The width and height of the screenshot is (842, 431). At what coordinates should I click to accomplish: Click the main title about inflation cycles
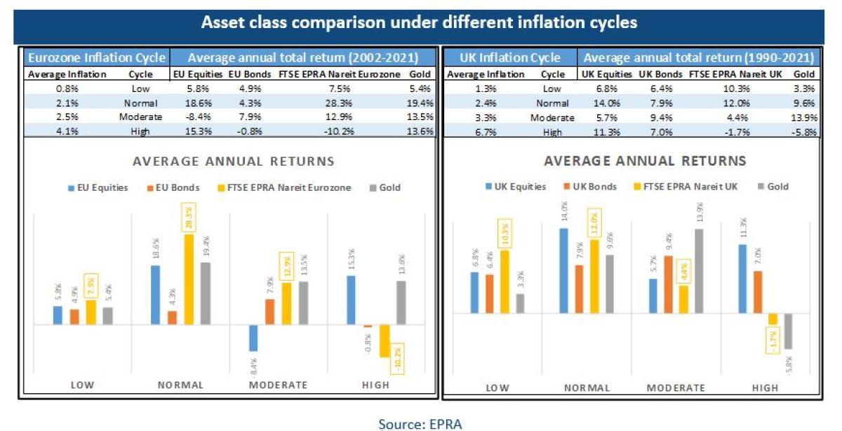(420, 22)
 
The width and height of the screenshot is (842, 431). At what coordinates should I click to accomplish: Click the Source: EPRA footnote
(420, 423)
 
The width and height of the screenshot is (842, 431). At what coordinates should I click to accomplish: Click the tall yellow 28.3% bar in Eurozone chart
(189, 279)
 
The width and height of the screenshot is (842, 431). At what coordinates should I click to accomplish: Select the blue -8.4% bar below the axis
(253, 338)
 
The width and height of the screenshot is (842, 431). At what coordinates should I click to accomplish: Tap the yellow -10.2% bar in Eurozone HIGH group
(385, 341)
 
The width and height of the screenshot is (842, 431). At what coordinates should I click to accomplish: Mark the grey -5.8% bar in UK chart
(788, 331)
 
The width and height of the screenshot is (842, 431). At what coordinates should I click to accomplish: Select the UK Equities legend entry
(517, 187)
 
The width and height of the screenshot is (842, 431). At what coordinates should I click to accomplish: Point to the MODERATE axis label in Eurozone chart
(278, 385)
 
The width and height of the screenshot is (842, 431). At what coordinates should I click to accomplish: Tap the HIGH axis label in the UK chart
(765, 387)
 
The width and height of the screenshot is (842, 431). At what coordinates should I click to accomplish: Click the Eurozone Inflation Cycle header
(95, 58)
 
